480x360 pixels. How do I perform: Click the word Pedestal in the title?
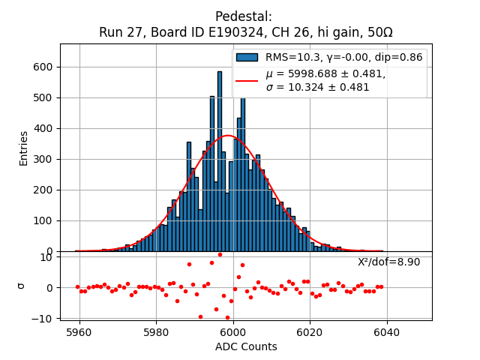coord(244,16)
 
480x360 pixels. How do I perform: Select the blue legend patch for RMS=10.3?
coord(246,57)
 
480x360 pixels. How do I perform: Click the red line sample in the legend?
coord(246,80)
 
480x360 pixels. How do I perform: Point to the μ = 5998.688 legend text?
coord(325,73)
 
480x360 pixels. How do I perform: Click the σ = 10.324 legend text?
coord(317,87)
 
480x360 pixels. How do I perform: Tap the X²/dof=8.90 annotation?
coord(388,262)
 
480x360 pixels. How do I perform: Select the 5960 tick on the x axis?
coord(79,331)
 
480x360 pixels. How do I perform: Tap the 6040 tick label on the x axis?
coord(386,331)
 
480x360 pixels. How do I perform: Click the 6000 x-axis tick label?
coord(232,331)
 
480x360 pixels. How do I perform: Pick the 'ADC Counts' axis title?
coord(246,346)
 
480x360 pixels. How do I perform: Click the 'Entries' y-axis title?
coord(24,148)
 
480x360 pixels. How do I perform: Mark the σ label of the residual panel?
coord(22,286)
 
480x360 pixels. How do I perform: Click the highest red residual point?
coord(220,254)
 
